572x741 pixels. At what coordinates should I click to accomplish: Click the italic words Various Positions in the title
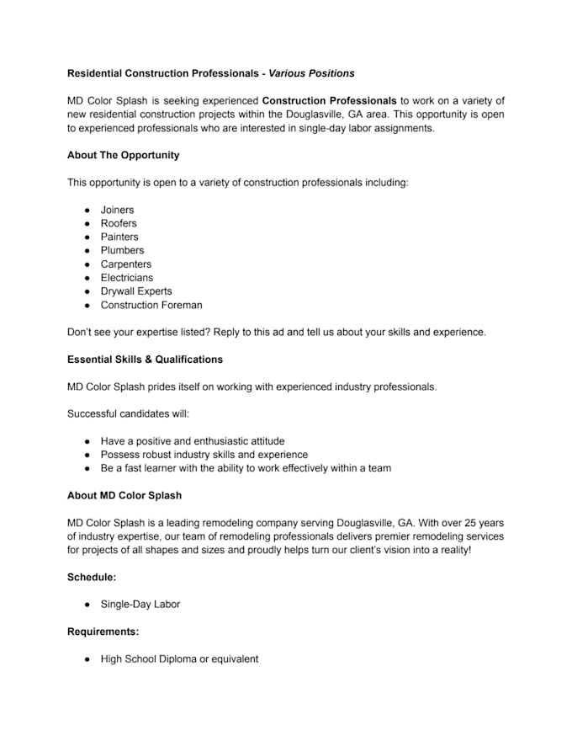click(311, 73)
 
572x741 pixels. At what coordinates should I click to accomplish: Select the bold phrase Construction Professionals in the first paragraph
click(329, 100)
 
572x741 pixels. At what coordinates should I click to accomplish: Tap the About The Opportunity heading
click(123, 155)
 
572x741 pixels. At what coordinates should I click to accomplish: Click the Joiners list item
click(117, 210)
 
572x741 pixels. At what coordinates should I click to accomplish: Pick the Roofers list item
click(119, 223)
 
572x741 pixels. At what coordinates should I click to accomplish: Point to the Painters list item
click(119, 237)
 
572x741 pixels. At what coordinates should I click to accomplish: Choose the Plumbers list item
click(122, 250)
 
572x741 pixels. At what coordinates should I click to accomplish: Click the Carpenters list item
click(126, 264)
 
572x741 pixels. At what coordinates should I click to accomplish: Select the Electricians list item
click(127, 277)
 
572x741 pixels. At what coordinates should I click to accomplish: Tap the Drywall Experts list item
click(136, 291)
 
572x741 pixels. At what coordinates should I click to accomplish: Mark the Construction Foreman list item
click(151, 305)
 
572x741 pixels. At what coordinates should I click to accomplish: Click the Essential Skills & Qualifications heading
click(145, 359)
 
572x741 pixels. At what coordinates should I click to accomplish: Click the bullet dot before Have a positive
click(87, 441)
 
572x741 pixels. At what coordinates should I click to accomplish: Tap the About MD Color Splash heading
click(124, 494)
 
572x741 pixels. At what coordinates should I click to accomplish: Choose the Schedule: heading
click(92, 577)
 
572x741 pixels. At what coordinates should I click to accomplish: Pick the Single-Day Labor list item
click(140, 604)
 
